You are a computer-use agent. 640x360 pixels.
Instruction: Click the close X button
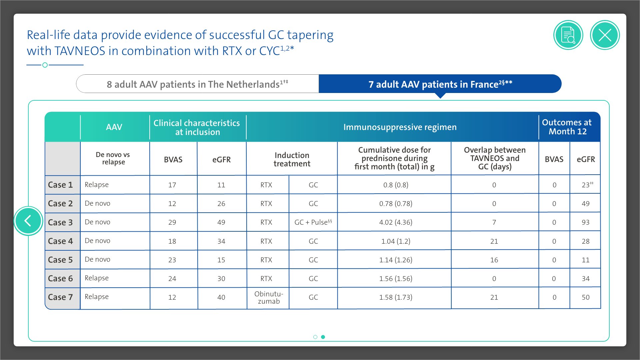click(x=605, y=35)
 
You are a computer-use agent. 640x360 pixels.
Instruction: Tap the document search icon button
click(x=568, y=35)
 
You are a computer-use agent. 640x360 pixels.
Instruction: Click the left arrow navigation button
click(x=28, y=221)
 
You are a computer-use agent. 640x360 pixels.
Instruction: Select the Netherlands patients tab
click(x=197, y=84)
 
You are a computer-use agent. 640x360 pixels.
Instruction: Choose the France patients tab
click(x=440, y=84)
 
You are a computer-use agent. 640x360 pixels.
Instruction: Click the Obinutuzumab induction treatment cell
click(x=269, y=298)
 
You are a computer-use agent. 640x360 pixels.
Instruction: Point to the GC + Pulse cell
click(x=313, y=222)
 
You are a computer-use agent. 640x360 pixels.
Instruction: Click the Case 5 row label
click(x=60, y=260)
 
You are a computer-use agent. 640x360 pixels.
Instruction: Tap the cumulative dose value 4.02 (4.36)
click(x=396, y=222)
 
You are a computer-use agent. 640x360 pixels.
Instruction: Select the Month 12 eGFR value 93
click(x=585, y=222)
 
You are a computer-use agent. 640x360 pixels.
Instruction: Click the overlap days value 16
click(x=494, y=260)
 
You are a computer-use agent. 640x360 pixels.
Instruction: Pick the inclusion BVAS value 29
click(x=172, y=222)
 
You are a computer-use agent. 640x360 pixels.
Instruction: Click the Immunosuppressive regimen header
click(x=400, y=127)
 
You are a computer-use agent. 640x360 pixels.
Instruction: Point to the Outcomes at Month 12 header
click(x=567, y=127)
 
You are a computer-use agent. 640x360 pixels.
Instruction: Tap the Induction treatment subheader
click(x=292, y=159)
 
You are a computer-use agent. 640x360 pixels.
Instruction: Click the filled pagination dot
click(x=323, y=337)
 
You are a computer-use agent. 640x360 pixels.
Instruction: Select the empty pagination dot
click(x=315, y=337)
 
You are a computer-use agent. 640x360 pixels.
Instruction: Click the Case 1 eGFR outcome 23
click(x=586, y=185)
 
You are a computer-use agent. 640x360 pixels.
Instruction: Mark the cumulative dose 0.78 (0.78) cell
click(x=396, y=204)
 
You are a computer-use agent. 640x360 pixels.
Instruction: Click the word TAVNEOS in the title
click(x=80, y=51)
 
